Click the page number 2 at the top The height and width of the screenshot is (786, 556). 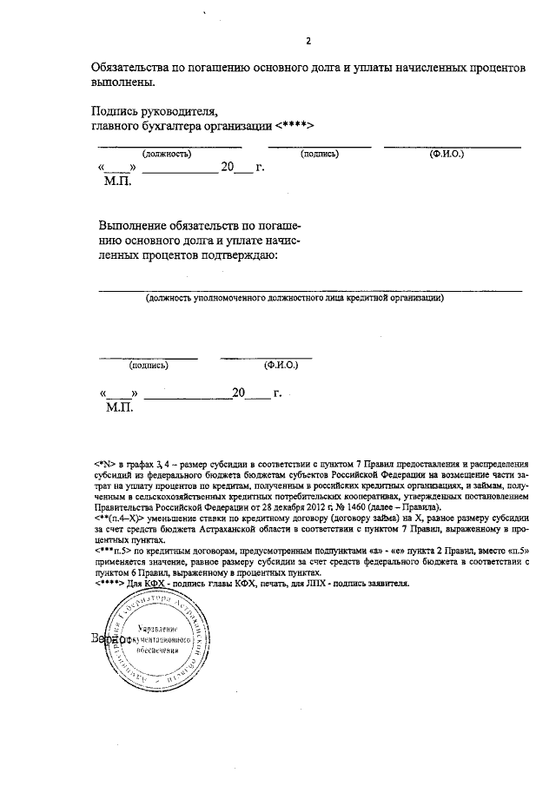click(x=308, y=42)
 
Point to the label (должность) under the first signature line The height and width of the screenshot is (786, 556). click(x=167, y=154)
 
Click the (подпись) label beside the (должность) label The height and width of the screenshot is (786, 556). click(x=319, y=154)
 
